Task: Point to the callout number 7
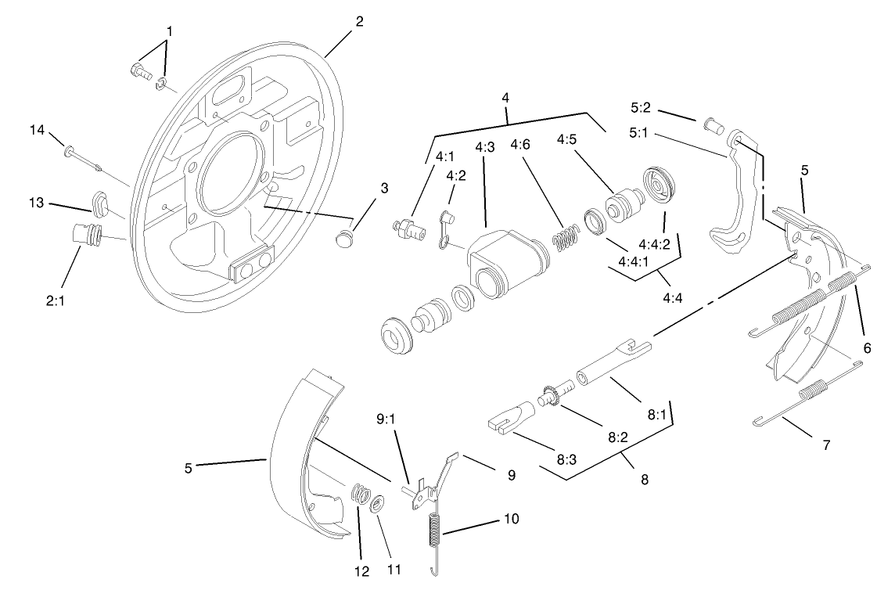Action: (825, 444)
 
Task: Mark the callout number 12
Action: (362, 571)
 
